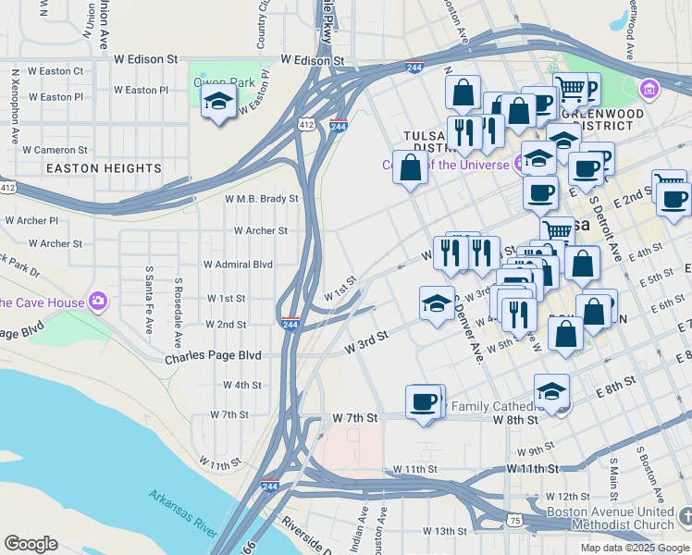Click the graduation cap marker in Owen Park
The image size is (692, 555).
[217, 103]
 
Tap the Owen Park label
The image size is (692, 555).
[223, 82]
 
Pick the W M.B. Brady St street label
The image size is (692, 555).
[262, 199]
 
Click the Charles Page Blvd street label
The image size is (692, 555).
[213, 356]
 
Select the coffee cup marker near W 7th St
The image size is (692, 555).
[425, 402]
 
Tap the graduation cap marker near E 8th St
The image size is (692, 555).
[551, 391]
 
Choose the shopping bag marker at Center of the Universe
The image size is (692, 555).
[410, 167]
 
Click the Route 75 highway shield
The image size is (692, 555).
[513, 523]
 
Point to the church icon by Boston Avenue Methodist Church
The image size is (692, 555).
[684, 513]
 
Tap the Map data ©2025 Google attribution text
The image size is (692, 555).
[634, 548]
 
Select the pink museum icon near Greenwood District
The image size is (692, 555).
[649, 90]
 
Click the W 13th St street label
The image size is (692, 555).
[446, 531]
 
